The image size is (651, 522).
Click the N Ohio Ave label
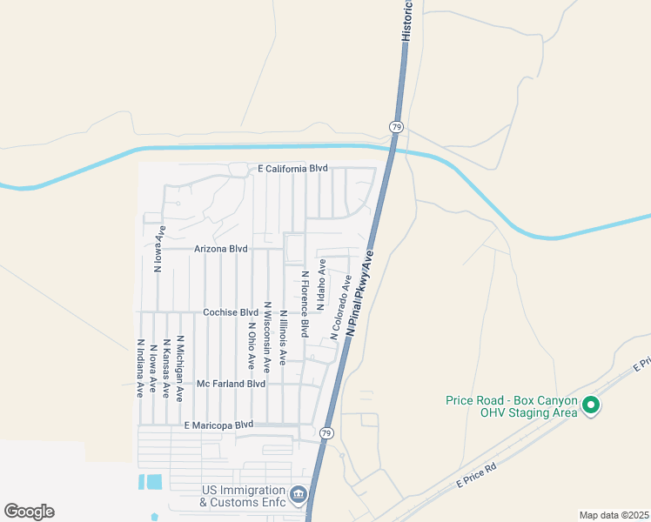tap(251, 344)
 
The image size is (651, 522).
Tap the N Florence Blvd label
tap(305, 304)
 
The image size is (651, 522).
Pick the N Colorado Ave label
tap(340, 307)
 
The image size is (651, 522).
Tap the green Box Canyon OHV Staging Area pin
tap(591, 405)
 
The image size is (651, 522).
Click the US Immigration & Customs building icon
tap(299, 496)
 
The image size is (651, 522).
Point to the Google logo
tap(29, 512)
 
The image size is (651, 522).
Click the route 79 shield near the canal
tap(396, 127)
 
